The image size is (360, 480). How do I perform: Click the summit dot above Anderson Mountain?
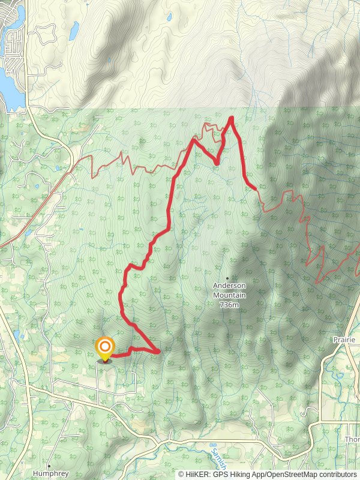(x=227, y=278)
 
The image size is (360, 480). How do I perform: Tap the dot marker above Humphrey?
(x=49, y=465)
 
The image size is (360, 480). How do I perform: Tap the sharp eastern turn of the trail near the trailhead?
(x=160, y=352)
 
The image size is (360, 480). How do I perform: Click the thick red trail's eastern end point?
(x=256, y=188)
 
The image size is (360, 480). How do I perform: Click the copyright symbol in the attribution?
(x=181, y=474)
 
